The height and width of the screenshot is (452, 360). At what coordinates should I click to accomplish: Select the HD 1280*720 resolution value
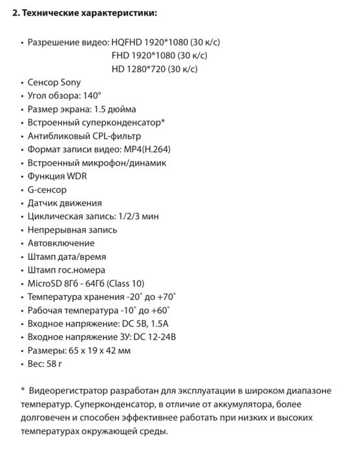point(154,69)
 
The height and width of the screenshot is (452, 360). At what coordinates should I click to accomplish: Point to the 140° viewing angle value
point(98,96)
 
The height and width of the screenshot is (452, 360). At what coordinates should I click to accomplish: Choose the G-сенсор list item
point(47,189)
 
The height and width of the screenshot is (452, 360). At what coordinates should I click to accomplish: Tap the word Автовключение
point(61,243)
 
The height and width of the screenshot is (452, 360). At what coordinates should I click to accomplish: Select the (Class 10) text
point(123,284)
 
